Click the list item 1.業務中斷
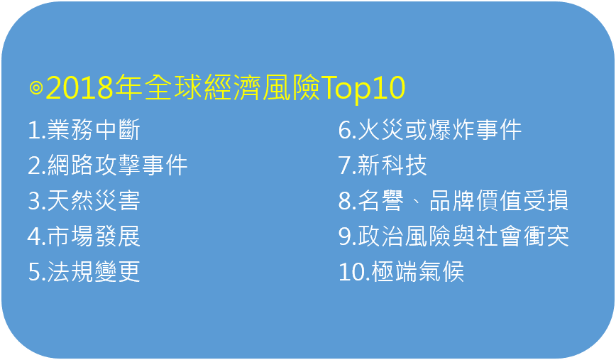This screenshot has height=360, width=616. coord(84,130)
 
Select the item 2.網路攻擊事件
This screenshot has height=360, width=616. coord(108,165)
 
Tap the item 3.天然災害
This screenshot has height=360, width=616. coord(84,200)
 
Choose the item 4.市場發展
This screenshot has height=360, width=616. coord(84,236)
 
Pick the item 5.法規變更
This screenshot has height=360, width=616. coord(84,271)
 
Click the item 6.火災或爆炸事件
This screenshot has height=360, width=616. coord(430,130)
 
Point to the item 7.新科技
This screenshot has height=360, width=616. coord(383,165)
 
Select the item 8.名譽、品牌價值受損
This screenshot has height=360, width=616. coord(453,200)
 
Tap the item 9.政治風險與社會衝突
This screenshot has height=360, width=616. coord(453,236)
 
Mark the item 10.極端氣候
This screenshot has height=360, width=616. coord(401,271)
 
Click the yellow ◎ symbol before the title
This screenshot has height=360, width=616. coord(36,87)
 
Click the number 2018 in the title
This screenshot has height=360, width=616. coord(79,87)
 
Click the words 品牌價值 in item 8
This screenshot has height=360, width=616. coord(475,200)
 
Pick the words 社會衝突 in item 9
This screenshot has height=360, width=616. coord(523,236)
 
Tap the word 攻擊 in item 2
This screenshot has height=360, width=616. coord(118,165)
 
